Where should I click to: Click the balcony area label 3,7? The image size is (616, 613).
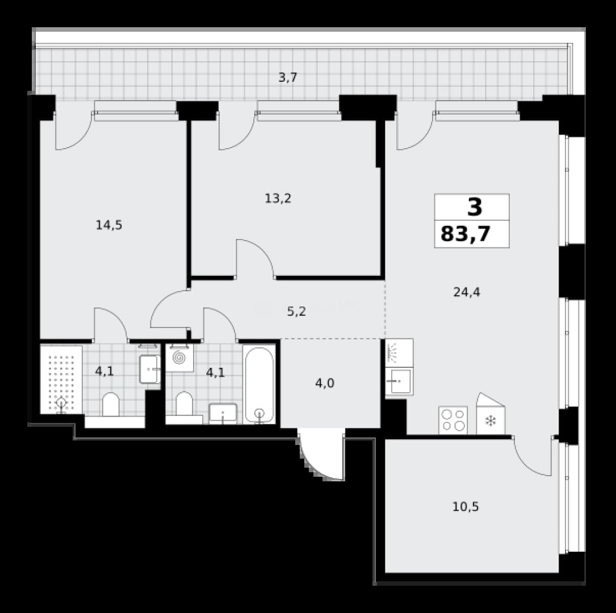point(288,78)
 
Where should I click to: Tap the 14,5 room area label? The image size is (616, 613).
point(109,225)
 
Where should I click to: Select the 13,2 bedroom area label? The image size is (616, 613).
point(278,198)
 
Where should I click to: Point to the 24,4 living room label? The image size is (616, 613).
point(467,292)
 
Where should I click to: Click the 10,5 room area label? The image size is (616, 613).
point(466,507)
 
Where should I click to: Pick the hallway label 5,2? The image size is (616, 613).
point(296,312)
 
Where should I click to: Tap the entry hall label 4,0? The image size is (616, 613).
point(325,383)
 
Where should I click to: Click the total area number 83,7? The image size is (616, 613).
point(466,234)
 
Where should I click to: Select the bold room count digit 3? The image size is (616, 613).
point(475,207)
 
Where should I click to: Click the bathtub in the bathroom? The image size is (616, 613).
point(259,384)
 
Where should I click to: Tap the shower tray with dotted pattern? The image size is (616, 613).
point(61,379)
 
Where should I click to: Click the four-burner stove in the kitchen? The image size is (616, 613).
point(453,420)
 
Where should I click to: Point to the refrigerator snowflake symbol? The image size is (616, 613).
point(491,421)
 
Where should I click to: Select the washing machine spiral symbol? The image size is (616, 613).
point(180,358)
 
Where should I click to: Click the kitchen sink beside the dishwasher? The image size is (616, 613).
point(399,381)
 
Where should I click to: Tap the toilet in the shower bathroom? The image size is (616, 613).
point(111,405)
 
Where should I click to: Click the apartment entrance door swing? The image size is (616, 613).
point(322,456)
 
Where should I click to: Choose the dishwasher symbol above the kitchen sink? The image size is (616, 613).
point(399,353)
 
